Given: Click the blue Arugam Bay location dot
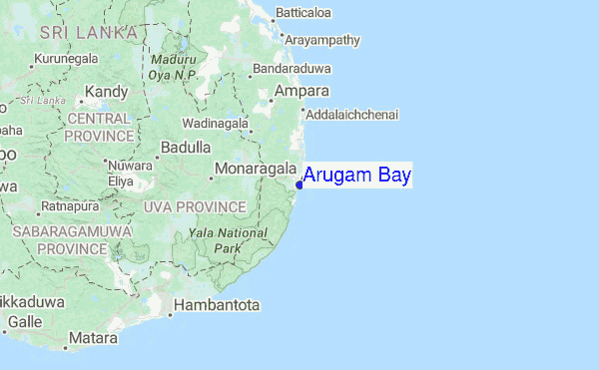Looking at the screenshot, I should [x=299, y=184].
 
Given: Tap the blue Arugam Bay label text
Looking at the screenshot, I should [x=357, y=177].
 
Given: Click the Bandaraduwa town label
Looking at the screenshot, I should [x=294, y=69].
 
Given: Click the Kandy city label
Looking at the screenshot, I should [x=107, y=92].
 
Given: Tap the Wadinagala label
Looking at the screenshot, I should [x=215, y=123].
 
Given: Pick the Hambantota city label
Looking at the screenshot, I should [x=217, y=304].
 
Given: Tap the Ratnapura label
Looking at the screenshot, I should [x=67, y=206].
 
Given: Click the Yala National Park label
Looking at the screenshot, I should [x=228, y=239].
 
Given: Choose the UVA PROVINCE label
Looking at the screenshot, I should [x=195, y=206].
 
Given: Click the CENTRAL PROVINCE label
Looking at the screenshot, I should [x=99, y=127].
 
